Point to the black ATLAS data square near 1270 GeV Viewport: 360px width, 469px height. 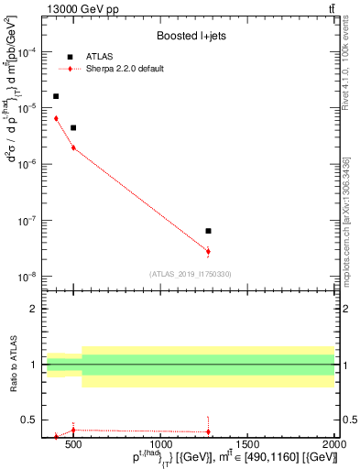208,231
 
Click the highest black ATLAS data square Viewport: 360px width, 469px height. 56,96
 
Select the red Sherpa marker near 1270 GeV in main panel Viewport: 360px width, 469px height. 208,251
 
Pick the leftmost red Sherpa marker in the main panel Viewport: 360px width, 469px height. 56,118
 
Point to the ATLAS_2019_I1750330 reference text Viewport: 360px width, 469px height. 191,274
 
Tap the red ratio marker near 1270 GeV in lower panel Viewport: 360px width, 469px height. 208,431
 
